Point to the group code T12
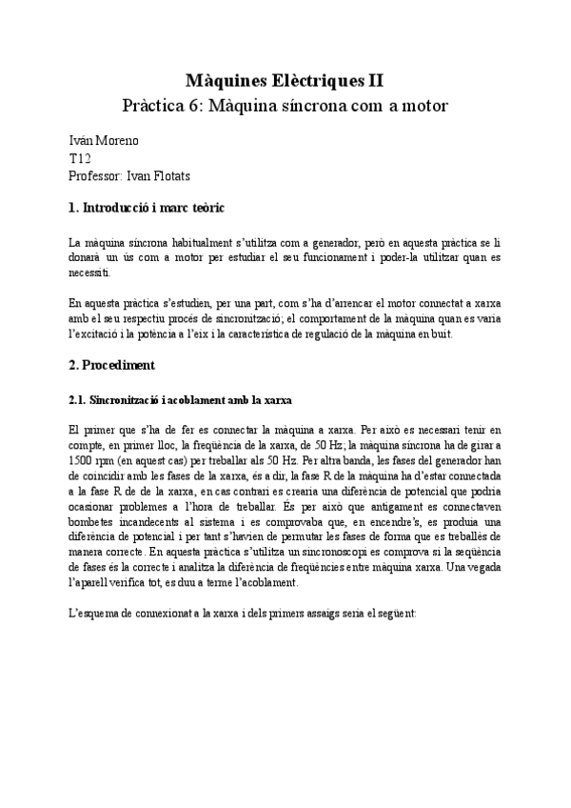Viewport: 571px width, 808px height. [x=81, y=159]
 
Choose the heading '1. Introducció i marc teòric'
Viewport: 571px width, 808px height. [x=147, y=208]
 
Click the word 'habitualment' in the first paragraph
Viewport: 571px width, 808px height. [x=193, y=243]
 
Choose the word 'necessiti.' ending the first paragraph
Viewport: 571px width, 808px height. [x=91, y=273]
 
